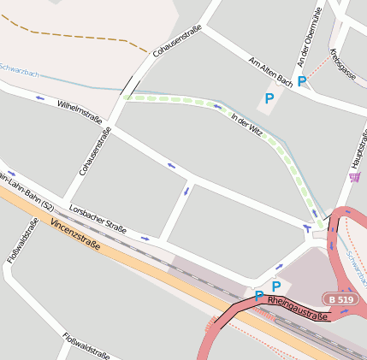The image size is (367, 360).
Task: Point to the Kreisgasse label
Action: pyautogui.click(x=343, y=65)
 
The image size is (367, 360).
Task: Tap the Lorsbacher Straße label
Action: pyautogui.click(x=98, y=217)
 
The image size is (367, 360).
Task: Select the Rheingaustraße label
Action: pyautogui.click(x=298, y=310)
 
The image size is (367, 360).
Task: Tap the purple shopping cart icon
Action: pyautogui.click(x=354, y=177)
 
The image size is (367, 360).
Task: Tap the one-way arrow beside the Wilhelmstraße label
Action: pyautogui.click(x=41, y=97)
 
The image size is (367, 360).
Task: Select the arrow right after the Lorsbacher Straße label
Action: pyautogui.click(x=144, y=239)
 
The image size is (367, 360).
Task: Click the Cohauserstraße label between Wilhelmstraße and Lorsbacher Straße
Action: pyautogui.click(x=96, y=150)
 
